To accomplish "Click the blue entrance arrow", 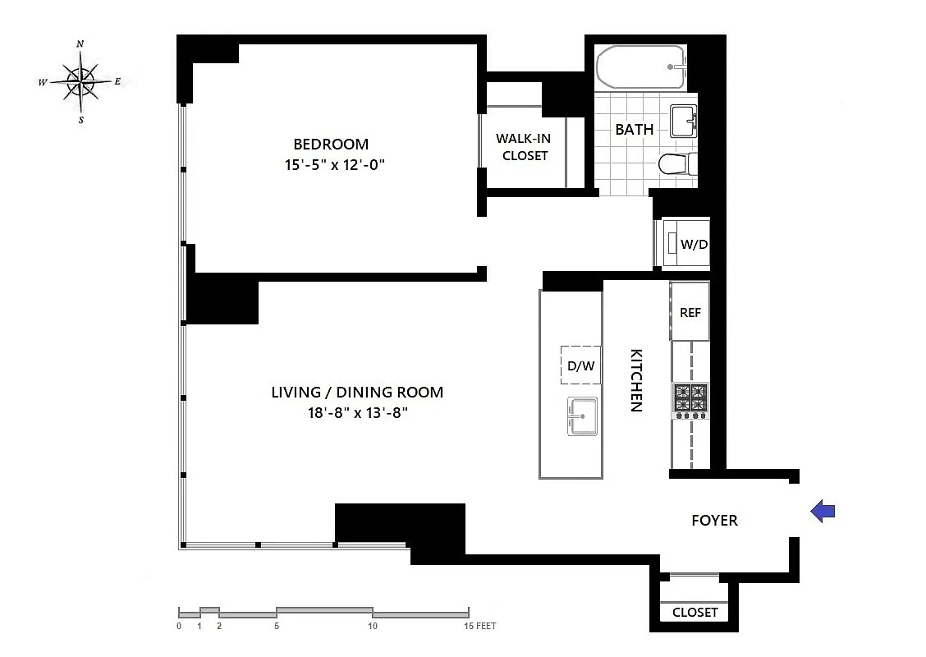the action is coord(822,511).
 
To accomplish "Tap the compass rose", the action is coord(80,82).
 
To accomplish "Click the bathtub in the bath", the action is coord(641,67).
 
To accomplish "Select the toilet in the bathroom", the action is coord(677,163).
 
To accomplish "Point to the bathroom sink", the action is coord(683,121).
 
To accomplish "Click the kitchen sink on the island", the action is coord(582,416).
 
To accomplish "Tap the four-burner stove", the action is coord(691,401).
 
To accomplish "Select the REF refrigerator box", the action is coord(690,311).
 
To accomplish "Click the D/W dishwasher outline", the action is coord(580,365).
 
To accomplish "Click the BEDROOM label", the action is coord(331,145).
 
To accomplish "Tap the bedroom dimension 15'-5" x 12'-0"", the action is coord(334,164).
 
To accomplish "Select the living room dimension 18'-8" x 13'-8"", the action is coord(357,412).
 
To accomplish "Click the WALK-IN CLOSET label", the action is coord(524,147).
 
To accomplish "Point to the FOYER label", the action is coord(714,521).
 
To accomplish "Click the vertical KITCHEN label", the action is coord(636,380).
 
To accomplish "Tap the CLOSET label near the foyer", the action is coord(695,613).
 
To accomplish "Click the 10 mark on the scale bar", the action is coord(373,626).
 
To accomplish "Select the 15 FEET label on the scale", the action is coord(480,626).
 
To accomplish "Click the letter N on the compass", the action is coord(80,44).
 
